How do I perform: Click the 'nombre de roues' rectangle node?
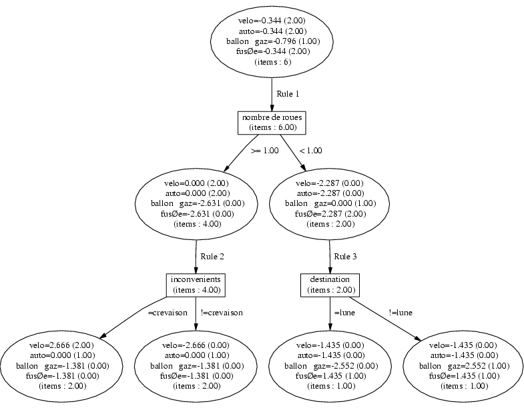click(272, 123)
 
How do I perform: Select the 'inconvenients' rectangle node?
click(196, 285)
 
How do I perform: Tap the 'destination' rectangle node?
click(330, 285)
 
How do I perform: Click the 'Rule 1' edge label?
click(288, 94)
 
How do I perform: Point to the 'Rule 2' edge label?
click(212, 257)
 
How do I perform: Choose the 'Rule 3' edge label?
click(345, 257)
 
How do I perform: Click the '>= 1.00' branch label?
click(265, 151)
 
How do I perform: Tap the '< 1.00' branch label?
click(311, 151)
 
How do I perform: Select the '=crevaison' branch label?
click(168, 313)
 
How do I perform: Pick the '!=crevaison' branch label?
click(222, 313)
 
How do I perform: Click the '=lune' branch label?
click(344, 313)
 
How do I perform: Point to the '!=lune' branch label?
click(401, 313)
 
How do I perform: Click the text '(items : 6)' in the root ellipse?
click(273, 62)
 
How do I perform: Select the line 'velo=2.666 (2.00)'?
click(61, 345)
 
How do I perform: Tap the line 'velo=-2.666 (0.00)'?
click(196, 345)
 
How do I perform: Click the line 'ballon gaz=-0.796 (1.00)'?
click(273, 41)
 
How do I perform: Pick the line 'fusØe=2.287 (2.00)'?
click(330, 214)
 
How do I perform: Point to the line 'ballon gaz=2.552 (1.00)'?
click(465, 366)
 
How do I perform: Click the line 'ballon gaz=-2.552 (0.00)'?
click(331, 366)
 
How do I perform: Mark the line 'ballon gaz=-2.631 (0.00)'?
click(198, 203)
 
